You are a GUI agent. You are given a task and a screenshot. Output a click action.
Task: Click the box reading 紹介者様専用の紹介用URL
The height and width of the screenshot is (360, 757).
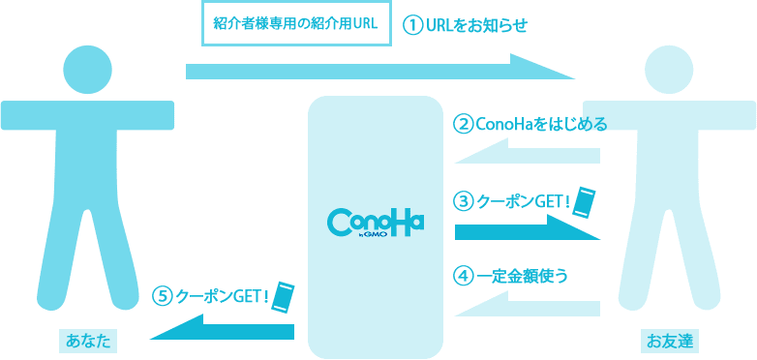[295, 24]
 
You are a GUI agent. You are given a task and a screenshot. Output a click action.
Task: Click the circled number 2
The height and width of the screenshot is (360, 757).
[464, 124]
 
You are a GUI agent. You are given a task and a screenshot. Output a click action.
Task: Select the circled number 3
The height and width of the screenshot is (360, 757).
[464, 201]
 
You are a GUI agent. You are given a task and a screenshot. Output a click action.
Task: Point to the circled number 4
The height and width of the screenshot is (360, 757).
[464, 275]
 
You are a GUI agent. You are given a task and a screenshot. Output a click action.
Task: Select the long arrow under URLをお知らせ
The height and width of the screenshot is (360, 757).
[379, 70]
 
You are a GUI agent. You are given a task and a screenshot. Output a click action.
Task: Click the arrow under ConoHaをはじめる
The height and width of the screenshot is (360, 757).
[528, 153]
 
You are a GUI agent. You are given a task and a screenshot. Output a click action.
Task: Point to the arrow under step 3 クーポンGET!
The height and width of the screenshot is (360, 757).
[528, 229]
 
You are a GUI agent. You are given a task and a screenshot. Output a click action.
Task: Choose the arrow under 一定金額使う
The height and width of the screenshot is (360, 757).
[528, 305]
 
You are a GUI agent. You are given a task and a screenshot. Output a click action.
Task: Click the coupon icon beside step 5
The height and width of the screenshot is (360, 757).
[283, 295]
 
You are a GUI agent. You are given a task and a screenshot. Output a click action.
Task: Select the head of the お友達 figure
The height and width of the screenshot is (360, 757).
[669, 68]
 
